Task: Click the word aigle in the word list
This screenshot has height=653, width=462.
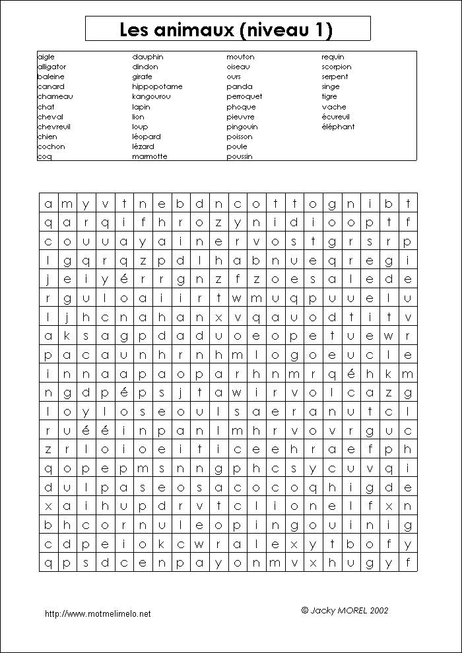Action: (46, 57)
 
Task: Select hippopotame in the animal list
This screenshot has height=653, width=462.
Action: (157, 86)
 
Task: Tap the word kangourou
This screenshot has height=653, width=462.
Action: (151, 96)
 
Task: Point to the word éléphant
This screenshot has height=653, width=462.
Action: (338, 127)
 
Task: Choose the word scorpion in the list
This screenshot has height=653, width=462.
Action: (337, 67)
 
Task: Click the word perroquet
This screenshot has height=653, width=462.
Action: (244, 96)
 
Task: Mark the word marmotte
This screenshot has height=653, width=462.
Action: (150, 156)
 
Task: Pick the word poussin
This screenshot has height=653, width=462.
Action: (240, 156)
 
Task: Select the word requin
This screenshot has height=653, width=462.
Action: (333, 57)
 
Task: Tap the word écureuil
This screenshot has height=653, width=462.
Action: (336, 117)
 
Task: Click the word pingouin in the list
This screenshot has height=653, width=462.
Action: (242, 127)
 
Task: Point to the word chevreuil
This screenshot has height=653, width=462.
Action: (54, 127)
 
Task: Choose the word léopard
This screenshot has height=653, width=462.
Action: (147, 137)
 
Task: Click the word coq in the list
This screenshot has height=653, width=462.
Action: (44, 156)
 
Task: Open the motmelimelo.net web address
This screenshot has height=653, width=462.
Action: (98, 613)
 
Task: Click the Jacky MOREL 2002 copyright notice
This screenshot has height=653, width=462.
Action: (345, 610)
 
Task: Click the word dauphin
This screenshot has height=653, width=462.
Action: (148, 57)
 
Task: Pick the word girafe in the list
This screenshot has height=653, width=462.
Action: (142, 77)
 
